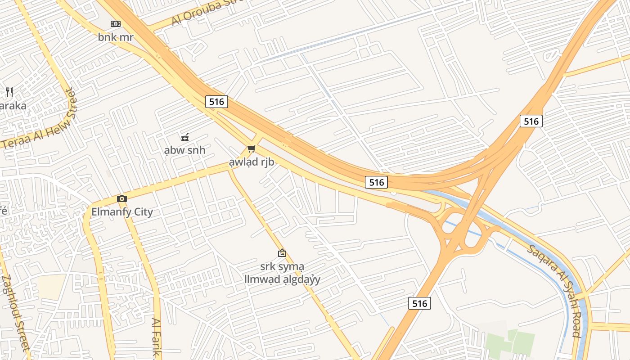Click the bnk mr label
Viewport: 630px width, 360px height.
[116, 37]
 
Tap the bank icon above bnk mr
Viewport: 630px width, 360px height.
[116, 24]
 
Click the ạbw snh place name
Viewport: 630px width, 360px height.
[184, 150]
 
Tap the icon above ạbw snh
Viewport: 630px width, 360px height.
[184, 137]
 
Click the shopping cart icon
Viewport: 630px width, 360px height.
[251, 149]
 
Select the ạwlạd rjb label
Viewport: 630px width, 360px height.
[252, 162]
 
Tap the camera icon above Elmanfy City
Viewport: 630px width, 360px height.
[121, 199]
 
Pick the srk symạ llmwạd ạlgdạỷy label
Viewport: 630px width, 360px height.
[282, 273]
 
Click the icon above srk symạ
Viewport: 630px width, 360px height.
[282, 253]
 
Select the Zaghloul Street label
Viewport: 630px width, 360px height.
[16, 313]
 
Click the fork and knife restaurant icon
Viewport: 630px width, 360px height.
[9, 93]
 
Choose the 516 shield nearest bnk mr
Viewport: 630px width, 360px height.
[216, 102]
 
